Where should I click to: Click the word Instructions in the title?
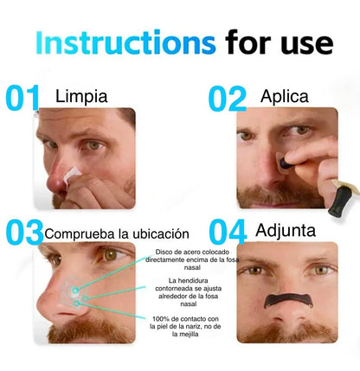(x=125, y=42)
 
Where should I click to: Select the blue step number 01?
(x=22, y=98)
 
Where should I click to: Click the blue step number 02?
(x=228, y=99)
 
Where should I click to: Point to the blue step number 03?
(x=24, y=232)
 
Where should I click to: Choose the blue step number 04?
(x=228, y=232)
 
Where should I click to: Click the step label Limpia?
(x=81, y=97)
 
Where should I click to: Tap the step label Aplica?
(x=285, y=96)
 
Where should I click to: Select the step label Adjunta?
(x=286, y=231)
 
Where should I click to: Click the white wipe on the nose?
(x=71, y=175)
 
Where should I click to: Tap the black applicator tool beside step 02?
(x=340, y=201)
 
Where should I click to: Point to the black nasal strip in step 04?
(x=288, y=300)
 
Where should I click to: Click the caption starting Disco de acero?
(x=192, y=259)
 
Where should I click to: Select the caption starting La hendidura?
(x=189, y=292)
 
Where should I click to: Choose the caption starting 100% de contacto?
(x=185, y=327)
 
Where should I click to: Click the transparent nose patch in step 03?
(x=74, y=291)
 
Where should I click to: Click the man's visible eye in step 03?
(x=112, y=255)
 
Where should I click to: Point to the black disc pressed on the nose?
(x=286, y=163)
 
